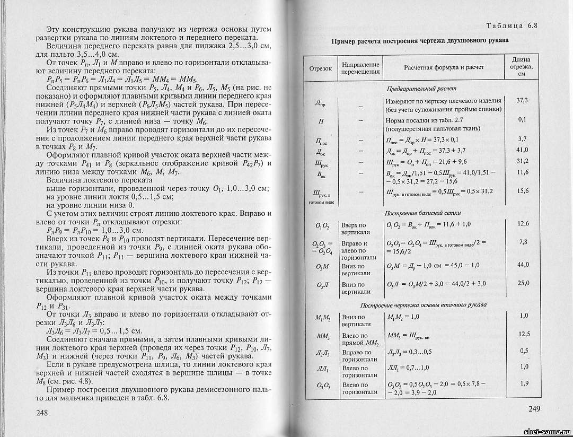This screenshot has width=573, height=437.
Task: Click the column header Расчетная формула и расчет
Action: click(x=444, y=68)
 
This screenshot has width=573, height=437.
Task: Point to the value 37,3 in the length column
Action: click(x=523, y=100)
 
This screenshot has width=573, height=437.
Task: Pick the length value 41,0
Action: click(x=523, y=150)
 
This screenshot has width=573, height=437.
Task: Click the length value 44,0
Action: click(x=523, y=264)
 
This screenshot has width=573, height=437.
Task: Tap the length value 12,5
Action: click(x=524, y=334)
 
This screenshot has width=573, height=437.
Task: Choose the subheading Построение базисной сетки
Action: click(x=422, y=213)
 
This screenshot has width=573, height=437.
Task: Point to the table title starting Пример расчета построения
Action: click(x=420, y=40)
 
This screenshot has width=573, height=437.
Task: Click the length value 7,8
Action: click(x=523, y=242)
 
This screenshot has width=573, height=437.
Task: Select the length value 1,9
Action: click(x=524, y=382)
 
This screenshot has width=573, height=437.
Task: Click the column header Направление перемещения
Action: click(x=360, y=67)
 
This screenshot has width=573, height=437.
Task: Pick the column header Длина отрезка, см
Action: click(x=523, y=67)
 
